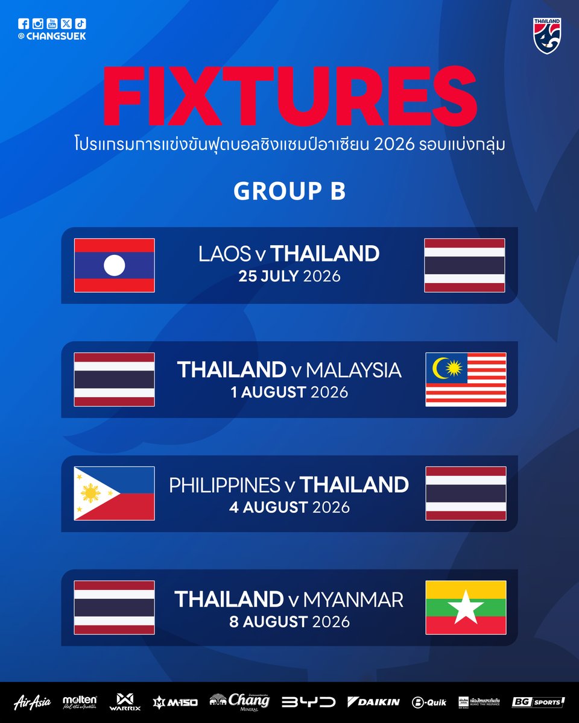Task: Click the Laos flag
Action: [x=114, y=265]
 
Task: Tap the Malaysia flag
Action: [x=466, y=380]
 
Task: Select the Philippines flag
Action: [x=114, y=493]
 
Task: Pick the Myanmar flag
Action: [x=466, y=607]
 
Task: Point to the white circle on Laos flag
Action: [x=114, y=265]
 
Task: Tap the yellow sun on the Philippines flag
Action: [x=90, y=494]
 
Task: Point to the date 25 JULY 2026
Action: [x=289, y=277]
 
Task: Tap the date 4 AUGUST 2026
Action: [x=289, y=507]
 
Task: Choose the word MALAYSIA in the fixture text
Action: [x=353, y=369]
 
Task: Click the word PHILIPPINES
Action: [x=224, y=485]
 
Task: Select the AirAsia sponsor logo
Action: [x=32, y=701]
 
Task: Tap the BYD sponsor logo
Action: [x=309, y=701]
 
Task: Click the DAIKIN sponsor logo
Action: [x=373, y=701]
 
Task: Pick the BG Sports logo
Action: [x=538, y=701]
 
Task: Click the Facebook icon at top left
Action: [x=24, y=23]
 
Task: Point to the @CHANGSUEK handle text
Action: [x=52, y=36]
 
